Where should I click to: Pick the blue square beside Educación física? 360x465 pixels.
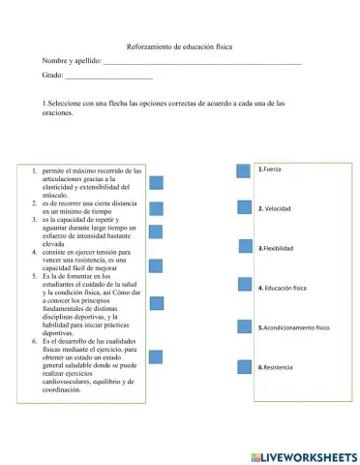(x=245, y=285)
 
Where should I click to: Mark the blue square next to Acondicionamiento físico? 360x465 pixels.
(x=245, y=326)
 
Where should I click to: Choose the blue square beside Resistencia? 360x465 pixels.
(x=245, y=366)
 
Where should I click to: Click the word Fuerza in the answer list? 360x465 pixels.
(x=272, y=170)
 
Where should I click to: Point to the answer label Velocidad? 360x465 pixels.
(x=278, y=208)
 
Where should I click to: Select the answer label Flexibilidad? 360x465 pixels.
(x=279, y=248)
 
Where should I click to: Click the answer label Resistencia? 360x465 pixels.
(x=279, y=368)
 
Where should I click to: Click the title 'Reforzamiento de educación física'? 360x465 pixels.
(x=179, y=46)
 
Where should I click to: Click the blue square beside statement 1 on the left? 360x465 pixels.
(x=155, y=181)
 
